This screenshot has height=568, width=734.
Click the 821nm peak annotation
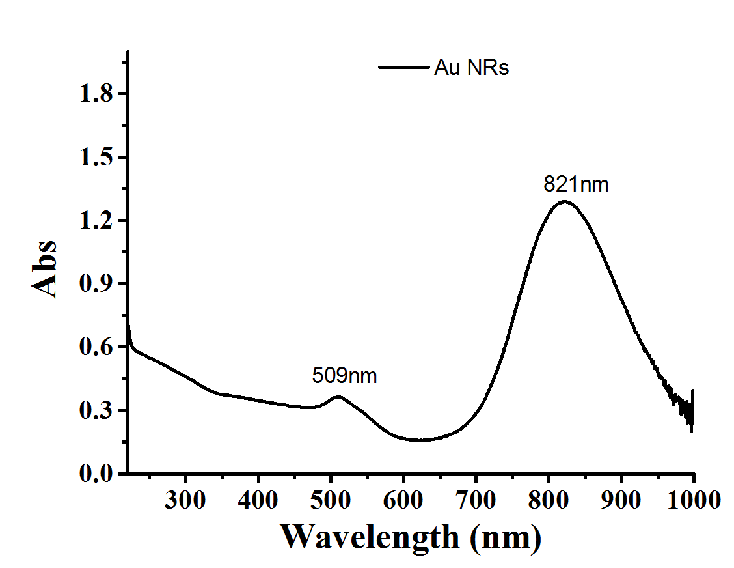(576, 185)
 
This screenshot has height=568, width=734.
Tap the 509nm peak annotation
(344, 376)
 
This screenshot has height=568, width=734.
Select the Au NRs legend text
(471, 68)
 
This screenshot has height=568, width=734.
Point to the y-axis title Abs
(45, 269)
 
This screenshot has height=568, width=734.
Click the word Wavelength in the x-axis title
(370, 537)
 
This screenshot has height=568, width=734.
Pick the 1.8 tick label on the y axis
(95, 94)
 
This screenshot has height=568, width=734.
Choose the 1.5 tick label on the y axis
(95, 158)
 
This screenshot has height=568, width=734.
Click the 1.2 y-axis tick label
(95, 221)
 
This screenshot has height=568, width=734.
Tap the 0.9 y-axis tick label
(95, 284)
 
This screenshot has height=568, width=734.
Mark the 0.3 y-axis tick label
(95, 411)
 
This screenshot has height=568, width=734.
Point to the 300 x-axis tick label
(186, 500)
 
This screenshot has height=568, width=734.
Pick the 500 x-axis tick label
(331, 500)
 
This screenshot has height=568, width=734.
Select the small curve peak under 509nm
(337, 396)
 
